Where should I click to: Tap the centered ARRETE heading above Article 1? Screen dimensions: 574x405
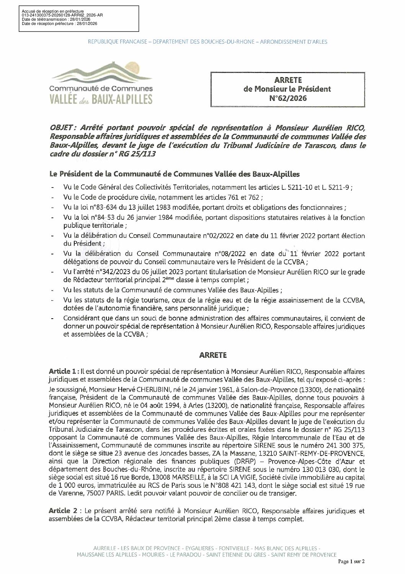pyautogui.click(x=213, y=355)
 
